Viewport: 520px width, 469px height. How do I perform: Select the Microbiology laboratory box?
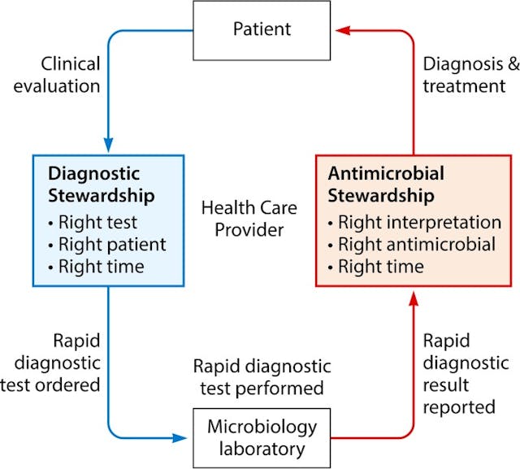click(x=261, y=437)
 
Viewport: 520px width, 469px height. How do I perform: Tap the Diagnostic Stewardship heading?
click(x=94, y=185)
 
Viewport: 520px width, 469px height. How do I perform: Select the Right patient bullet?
click(x=106, y=244)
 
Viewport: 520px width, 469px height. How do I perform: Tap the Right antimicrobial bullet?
click(x=413, y=244)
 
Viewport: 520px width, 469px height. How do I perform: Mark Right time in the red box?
click(x=375, y=266)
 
